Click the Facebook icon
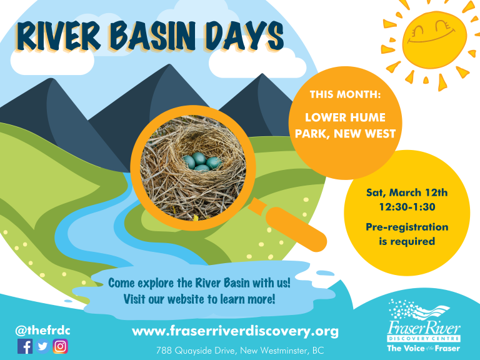point(25,346)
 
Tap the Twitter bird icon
point(42,346)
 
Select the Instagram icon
point(60,346)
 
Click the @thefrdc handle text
point(42,331)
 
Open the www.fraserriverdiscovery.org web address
point(235,331)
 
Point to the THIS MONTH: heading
point(345,94)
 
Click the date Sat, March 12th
point(407,192)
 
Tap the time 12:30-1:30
point(407,207)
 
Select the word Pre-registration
point(407,227)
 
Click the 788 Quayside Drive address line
point(240,350)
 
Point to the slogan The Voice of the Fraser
point(423,348)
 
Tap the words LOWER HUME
point(345,117)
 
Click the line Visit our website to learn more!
point(199,299)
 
